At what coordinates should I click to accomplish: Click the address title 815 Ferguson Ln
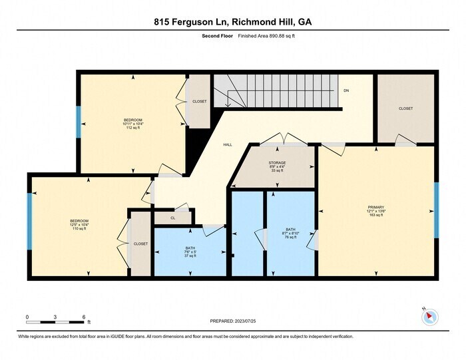click(x=232, y=21)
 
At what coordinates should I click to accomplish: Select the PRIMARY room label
click(x=375, y=211)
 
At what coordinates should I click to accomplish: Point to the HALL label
click(x=227, y=144)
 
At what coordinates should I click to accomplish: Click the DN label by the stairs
click(x=346, y=90)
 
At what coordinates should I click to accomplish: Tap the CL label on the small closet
click(x=172, y=217)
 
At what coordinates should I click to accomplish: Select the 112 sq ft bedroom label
click(x=133, y=124)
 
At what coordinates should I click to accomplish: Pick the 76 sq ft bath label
click(x=290, y=232)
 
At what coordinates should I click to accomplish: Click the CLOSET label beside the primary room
click(x=405, y=108)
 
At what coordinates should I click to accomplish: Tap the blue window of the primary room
click(x=437, y=210)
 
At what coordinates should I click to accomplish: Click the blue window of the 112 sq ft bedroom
click(x=79, y=122)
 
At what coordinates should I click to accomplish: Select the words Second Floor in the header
click(x=216, y=36)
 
